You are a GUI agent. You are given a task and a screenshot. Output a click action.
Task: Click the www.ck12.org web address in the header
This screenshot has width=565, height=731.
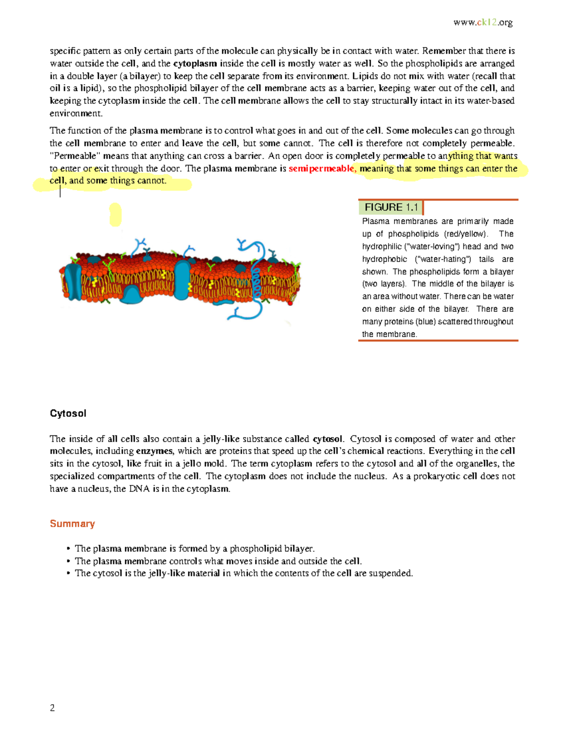tap(483, 22)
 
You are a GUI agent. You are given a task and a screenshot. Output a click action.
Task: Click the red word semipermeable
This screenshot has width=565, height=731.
tap(321, 169)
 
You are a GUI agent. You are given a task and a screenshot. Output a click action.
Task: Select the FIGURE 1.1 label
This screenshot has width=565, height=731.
tap(391, 207)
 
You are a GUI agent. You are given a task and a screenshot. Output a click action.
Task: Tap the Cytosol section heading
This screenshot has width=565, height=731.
tap(68, 413)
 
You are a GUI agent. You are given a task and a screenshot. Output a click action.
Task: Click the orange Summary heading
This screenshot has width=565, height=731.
tap(72, 523)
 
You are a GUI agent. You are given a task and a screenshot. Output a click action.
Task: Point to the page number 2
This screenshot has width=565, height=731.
tap(52, 707)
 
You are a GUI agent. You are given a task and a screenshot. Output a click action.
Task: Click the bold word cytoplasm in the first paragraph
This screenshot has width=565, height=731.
tap(195, 64)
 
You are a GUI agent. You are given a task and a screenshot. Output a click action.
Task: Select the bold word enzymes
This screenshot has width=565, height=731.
tap(154, 451)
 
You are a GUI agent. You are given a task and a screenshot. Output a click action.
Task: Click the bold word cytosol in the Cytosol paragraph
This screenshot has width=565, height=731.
tap(327, 439)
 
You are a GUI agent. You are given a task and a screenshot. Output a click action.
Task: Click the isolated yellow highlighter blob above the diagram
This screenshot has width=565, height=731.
tap(115, 215)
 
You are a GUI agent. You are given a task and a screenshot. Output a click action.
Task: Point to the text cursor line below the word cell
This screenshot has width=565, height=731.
tap(60, 191)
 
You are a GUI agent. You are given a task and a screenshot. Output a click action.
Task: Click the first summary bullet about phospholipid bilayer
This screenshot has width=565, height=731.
tap(194, 548)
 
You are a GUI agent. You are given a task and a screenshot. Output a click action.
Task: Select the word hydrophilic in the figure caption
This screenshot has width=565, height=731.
tap(382, 247)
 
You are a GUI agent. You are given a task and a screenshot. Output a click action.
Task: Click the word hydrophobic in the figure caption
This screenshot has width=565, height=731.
tap(384, 259)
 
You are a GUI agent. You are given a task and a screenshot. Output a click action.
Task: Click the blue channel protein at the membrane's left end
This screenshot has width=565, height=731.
tap(73, 281)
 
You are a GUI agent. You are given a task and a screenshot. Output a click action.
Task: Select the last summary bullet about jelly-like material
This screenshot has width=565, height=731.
tap(243, 573)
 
